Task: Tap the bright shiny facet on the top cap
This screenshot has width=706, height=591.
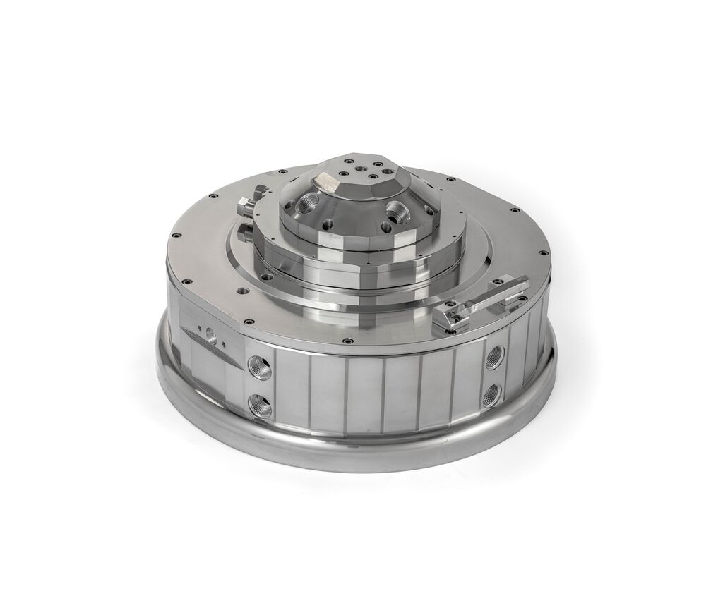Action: click(327, 183)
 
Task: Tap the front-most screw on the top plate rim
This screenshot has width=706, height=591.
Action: click(347, 343)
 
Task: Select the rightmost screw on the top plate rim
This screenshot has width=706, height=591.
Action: click(544, 252)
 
